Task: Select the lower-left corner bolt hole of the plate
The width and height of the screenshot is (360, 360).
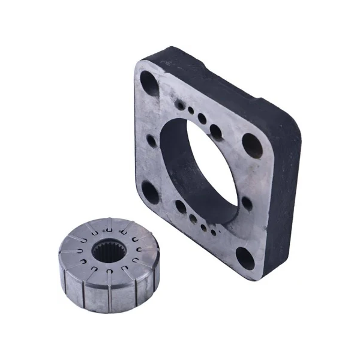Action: tap(149, 193)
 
